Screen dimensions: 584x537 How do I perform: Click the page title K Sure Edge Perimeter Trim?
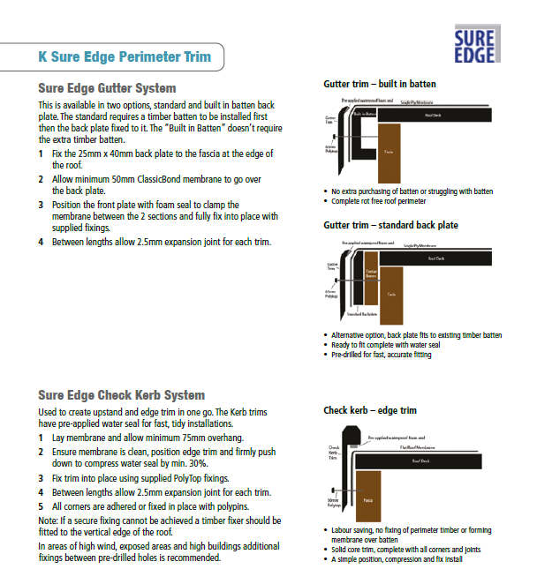(125, 57)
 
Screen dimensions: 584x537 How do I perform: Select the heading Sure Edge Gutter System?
(108, 88)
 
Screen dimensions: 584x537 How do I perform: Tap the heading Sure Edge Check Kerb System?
(122, 395)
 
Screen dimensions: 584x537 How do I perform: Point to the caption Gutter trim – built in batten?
(380, 85)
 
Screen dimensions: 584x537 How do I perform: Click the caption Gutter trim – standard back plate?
(391, 225)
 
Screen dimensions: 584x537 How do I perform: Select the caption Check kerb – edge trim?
(370, 410)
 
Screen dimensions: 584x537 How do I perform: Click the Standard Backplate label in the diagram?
(364, 314)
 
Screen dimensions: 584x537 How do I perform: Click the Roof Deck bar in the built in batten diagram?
(433, 115)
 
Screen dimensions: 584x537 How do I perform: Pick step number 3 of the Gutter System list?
(42, 205)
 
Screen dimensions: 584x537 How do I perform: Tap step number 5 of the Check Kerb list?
(42, 506)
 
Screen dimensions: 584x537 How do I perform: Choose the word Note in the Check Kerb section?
(49, 520)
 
